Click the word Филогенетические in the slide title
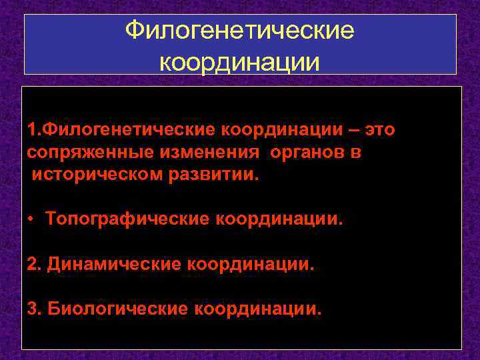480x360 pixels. (240, 31)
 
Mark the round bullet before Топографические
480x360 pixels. (32, 219)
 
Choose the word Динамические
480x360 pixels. (115, 264)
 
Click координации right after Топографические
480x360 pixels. (279, 219)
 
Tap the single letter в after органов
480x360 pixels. (357, 152)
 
